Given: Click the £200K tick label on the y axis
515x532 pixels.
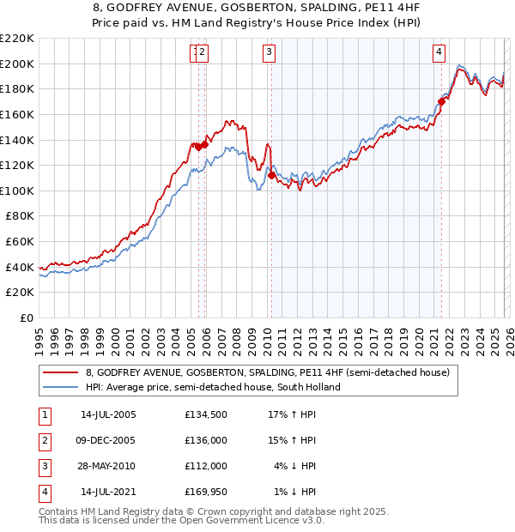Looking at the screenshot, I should tap(17, 63).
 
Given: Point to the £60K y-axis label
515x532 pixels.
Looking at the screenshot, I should tap(20, 242).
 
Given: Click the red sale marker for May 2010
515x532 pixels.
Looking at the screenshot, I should tap(271, 175).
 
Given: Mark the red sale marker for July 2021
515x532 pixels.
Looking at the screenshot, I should tap(441, 101).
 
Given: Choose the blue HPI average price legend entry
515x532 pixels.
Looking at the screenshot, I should tap(213, 387).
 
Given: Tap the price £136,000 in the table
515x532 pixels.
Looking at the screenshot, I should tap(206, 440).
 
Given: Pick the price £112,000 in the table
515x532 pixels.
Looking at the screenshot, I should tap(206, 466).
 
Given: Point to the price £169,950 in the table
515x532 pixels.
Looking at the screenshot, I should tap(206, 492).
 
